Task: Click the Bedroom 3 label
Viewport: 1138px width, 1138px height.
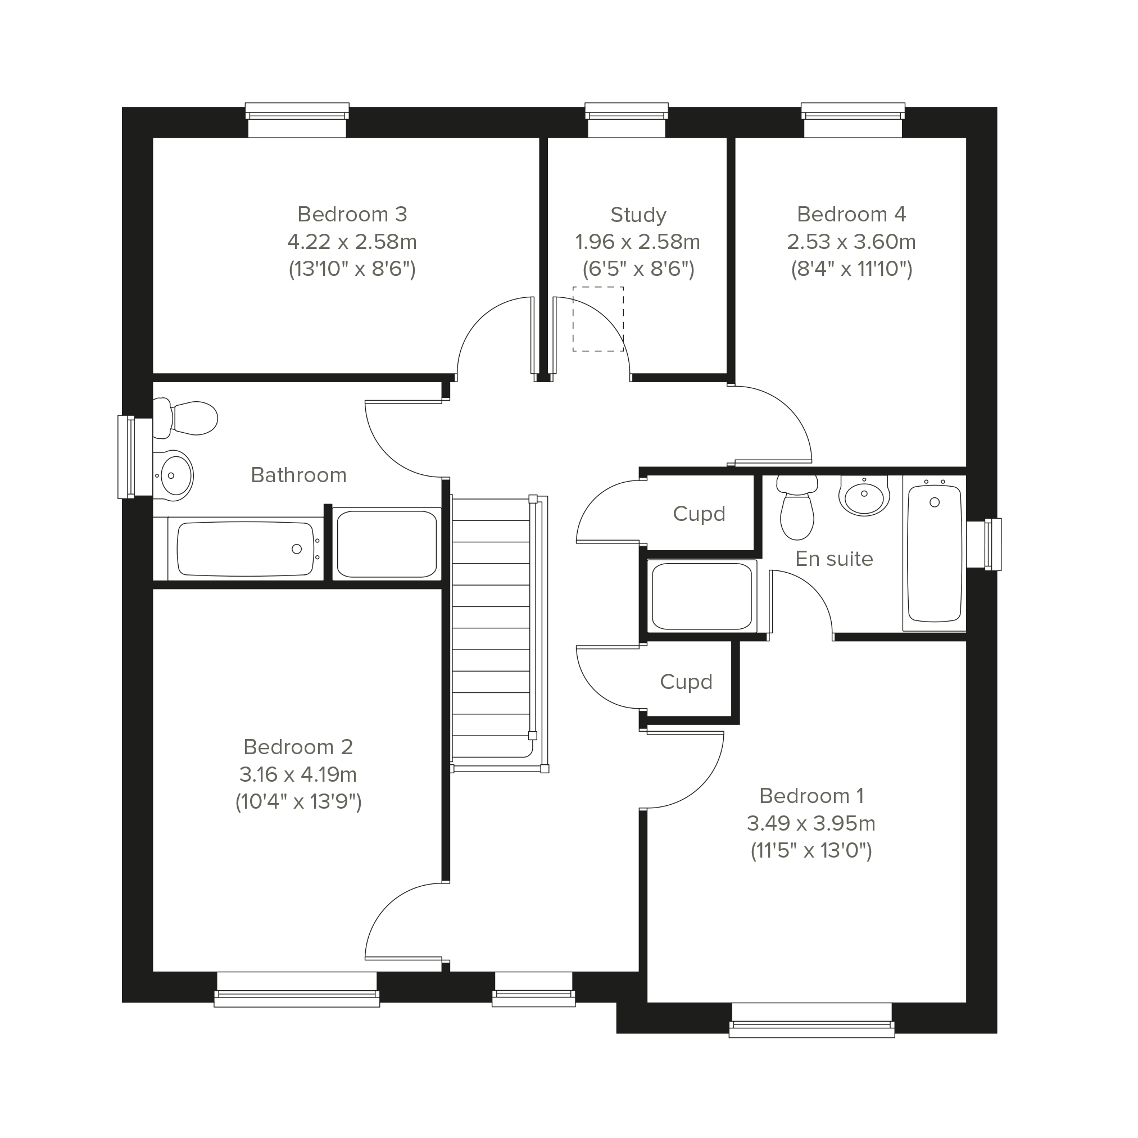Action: click(352, 215)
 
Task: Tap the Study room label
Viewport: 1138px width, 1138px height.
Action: click(638, 215)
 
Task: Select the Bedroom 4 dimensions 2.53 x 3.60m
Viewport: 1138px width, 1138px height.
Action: click(851, 242)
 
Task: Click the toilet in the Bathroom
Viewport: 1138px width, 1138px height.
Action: click(185, 419)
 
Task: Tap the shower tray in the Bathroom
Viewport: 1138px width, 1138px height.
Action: click(387, 543)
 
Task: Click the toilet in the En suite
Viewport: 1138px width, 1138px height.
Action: click(797, 507)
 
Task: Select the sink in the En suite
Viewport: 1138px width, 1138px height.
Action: click(864, 495)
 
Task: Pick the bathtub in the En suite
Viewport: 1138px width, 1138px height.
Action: click(934, 553)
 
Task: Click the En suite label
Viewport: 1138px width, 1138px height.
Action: click(834, 559)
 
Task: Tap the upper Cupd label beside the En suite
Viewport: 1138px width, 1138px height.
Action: click(699, 514)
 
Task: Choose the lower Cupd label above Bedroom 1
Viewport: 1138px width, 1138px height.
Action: click(686, 682)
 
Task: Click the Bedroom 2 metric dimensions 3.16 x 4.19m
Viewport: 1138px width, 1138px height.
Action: click(298, 774)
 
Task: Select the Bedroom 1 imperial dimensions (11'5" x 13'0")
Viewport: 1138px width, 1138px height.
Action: click(811, 851)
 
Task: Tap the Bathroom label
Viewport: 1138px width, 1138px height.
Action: click(298, 475)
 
